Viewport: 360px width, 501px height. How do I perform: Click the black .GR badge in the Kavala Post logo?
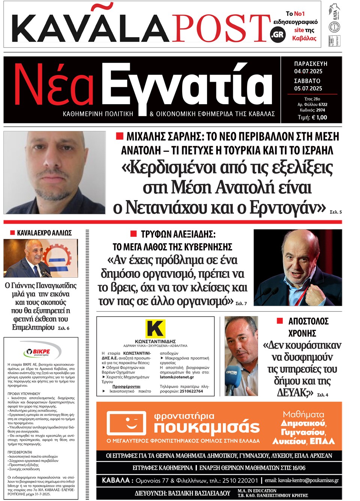(278, 34)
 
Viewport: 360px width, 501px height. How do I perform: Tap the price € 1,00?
(312, 117)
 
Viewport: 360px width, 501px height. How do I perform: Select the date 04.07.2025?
(308, 71)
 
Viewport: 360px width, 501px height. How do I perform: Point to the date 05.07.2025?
(308, 88)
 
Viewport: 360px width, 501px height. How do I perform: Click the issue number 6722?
(322, 105)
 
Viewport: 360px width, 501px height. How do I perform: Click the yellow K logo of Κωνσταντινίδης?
(155, 329)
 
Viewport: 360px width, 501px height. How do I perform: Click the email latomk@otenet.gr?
(177, 377)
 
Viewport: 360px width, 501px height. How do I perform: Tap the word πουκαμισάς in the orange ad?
(207, 427)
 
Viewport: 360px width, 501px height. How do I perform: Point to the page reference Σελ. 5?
(336, 212)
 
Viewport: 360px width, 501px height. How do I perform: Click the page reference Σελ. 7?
(241, 304)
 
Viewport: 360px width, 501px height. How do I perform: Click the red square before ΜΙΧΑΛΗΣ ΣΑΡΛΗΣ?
(120, 136)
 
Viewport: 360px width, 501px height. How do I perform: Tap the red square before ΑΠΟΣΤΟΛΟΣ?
(279, 321)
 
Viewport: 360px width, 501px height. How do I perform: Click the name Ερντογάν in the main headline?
(288, 207)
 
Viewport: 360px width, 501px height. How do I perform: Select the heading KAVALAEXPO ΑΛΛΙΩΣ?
(44, 233)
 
